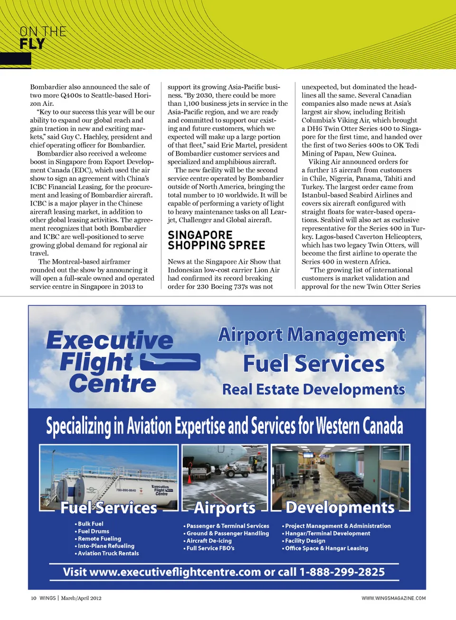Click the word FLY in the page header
32,44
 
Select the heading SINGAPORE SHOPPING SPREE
216,240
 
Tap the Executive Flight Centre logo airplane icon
171,362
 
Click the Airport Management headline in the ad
312,335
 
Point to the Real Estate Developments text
313,389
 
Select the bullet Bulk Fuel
90,524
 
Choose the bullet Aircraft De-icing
209,541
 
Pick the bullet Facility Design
305,541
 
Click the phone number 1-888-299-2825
342,572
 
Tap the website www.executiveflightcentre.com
175,572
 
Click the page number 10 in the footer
34,598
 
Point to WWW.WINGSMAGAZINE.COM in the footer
393,598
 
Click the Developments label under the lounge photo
340,507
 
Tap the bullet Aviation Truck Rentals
108,553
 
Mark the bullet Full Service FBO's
210,548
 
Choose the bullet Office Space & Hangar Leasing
326,548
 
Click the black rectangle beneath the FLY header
15,58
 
